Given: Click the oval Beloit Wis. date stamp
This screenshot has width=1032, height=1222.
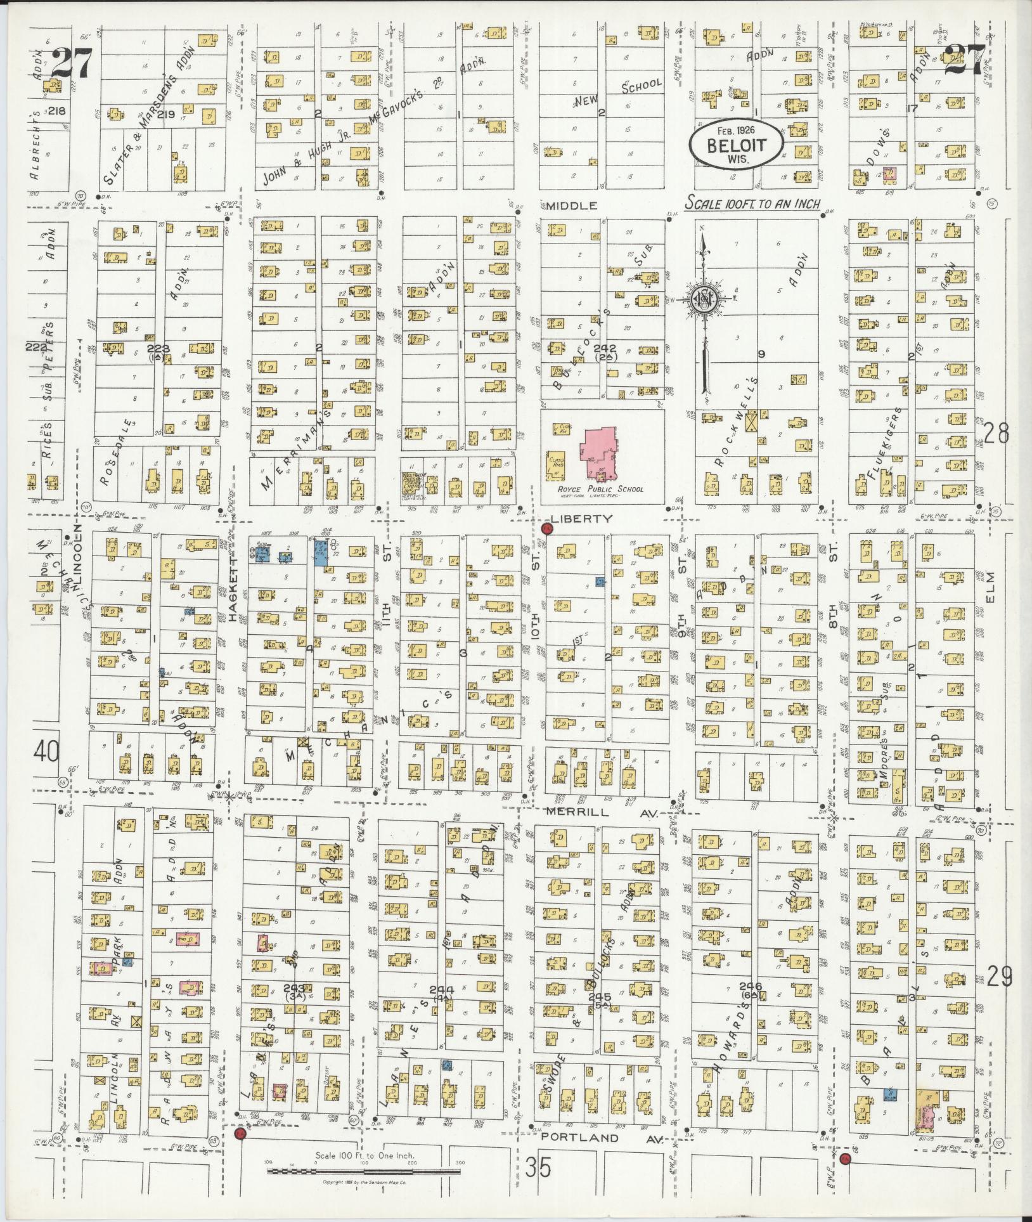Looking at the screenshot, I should [737, 146].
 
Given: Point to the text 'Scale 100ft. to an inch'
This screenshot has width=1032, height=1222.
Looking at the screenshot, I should [753, 204].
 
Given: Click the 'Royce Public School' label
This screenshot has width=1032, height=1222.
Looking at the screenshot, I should [600, 489].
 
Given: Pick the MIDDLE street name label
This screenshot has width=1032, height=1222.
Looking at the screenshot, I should [572, 205].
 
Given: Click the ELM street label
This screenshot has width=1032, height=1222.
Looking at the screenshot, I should [991, 587].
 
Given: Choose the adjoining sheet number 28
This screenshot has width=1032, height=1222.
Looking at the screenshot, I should [996, 434].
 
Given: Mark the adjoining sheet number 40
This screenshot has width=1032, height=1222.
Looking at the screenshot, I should [47, 752].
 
